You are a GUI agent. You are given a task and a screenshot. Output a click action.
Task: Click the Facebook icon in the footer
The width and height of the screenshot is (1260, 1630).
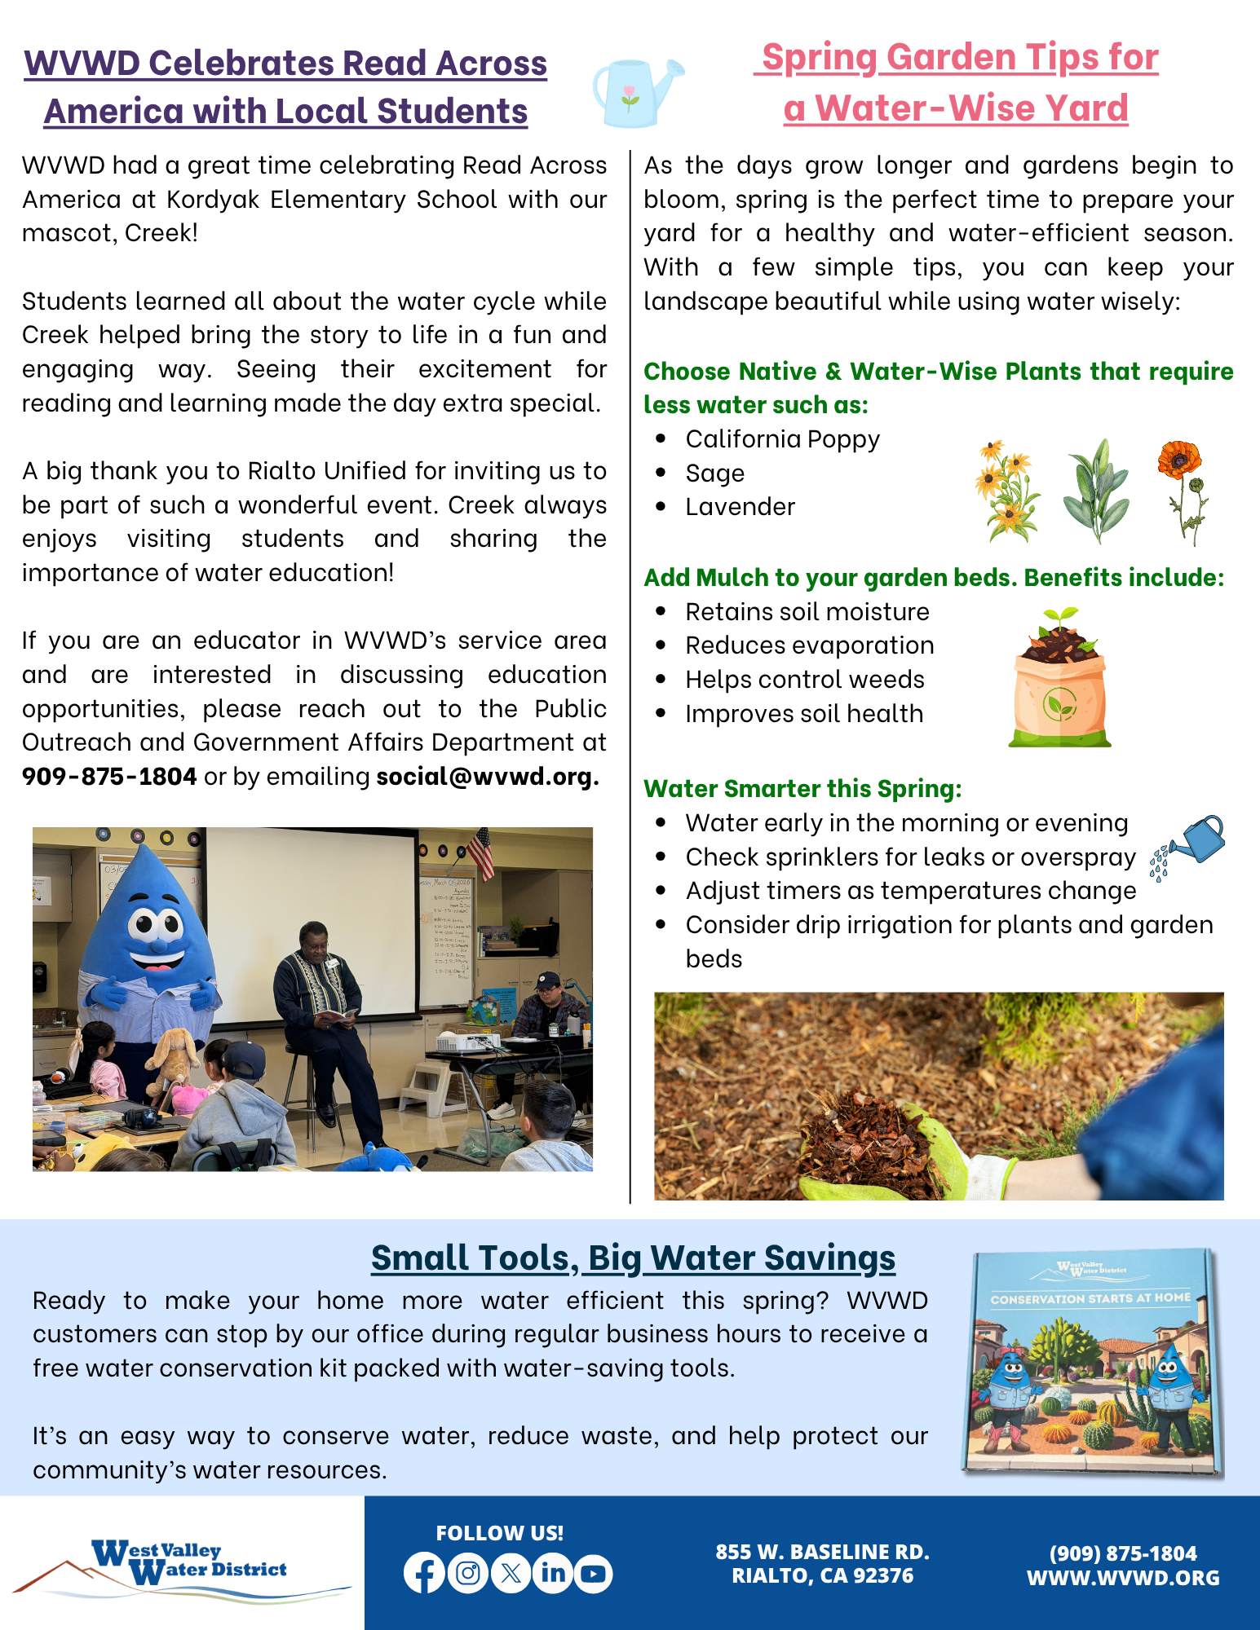tap(424, 1573)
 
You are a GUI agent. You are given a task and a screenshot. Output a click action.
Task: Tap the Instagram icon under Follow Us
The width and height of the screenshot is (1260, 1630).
tap(468, 1573)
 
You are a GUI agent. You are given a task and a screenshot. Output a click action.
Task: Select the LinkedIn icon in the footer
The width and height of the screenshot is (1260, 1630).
tap(553, 1573)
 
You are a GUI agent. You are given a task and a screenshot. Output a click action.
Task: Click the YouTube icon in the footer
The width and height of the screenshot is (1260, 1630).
tap(594, 1574)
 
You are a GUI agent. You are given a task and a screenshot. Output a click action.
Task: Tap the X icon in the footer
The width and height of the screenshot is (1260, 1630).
tap(511, 1573)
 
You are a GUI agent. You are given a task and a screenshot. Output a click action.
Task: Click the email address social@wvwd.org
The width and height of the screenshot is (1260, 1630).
tap(487, 777)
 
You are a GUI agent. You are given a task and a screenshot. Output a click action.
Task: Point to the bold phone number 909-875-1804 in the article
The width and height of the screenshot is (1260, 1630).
tap(109, 777)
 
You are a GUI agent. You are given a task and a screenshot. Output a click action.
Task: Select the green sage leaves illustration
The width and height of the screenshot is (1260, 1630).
tap(1097, 491)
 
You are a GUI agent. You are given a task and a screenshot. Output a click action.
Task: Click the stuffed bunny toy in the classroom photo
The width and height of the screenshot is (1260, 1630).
tap(172, 1059)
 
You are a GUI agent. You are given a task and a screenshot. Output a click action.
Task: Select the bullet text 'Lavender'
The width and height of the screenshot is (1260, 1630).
tap(740, 507)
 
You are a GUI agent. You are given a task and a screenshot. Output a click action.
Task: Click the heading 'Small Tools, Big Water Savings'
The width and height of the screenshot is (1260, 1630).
tap(633, 1258)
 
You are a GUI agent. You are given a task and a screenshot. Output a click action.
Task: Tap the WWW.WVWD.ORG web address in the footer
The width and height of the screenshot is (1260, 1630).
tap(1123, 1578)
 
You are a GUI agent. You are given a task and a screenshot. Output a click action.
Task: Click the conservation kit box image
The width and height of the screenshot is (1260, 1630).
tap(1091, 1362)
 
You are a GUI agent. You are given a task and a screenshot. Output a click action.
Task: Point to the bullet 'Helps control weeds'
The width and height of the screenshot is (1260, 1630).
tap(804, 680)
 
